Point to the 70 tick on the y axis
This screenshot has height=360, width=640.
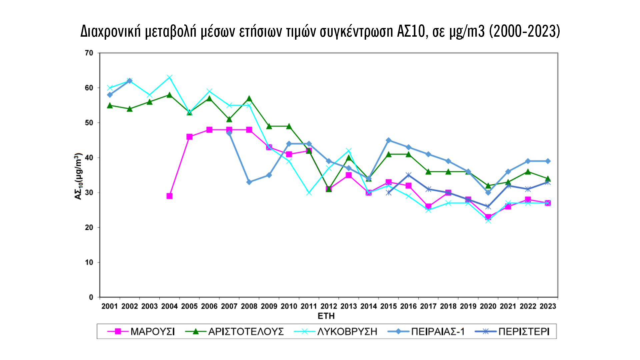coord(89,53)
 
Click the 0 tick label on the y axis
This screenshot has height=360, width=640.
coord(91,297)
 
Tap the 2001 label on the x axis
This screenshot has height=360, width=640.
coord(110,306)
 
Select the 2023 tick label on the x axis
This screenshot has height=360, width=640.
coord(548,306)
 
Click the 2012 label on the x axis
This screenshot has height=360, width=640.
coord(329,306)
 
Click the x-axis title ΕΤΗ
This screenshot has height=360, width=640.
coord(326,316)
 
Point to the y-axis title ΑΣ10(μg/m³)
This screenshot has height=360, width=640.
coord(78,176)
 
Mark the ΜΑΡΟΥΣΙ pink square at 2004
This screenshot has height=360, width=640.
coord(169,196)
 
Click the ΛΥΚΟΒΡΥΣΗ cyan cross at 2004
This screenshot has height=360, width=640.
coord(169,77)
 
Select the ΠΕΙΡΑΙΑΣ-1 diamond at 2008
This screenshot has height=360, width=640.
coord(249,182)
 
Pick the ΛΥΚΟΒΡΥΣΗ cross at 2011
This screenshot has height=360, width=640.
coord(309,193)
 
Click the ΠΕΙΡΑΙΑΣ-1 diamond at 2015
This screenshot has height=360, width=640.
coord(388,140)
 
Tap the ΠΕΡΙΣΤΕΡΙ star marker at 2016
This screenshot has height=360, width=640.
coord(408,175)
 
